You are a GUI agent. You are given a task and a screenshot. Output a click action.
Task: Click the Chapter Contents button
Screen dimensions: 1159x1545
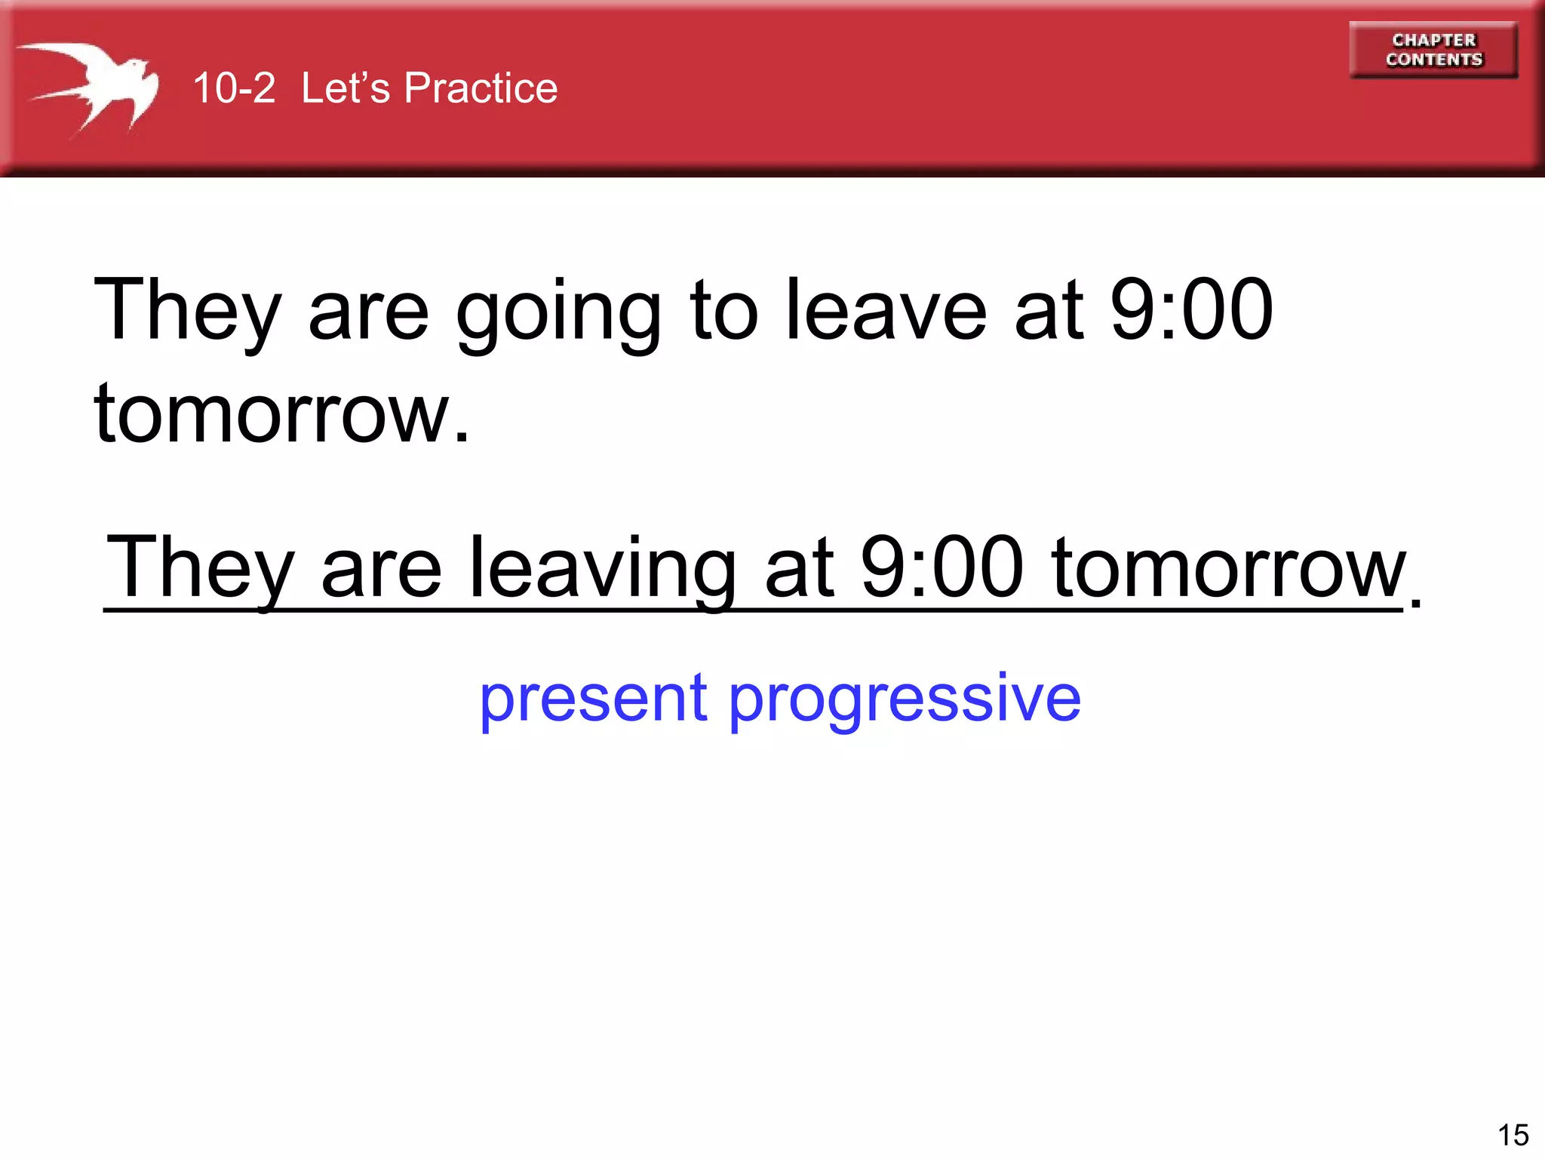(1433, 50)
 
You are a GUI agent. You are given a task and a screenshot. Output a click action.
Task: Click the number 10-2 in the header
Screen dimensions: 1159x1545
(234, 88)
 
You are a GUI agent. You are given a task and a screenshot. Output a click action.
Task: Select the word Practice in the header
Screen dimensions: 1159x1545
(481, 88)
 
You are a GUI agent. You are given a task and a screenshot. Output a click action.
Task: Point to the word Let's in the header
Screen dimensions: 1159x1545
(346, 88)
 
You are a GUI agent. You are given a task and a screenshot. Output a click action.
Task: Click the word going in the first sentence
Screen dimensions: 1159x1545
(558, 311)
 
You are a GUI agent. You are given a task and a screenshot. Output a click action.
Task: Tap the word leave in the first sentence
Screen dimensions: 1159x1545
(886, 311)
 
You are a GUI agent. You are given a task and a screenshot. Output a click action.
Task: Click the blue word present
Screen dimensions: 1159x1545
(593, 699)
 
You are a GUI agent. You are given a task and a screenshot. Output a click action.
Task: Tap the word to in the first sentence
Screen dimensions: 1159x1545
(723, 311)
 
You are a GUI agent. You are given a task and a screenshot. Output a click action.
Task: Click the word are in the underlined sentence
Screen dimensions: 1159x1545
(381, 567)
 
